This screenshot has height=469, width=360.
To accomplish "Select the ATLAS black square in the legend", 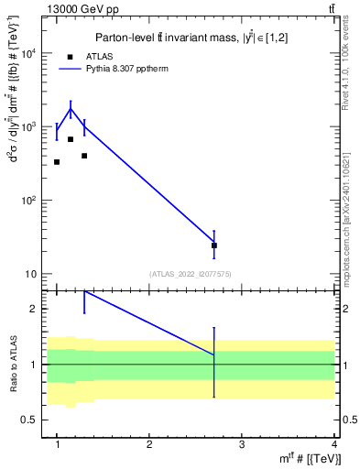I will click(x=71, y=56).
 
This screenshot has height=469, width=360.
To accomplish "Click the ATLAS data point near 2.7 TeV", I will click(x=214, y=245).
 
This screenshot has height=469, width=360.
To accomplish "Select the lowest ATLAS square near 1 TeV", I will click(x=57, y=162).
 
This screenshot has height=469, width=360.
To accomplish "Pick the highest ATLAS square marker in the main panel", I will click(x=71, y=139).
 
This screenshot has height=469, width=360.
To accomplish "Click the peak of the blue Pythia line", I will click(x=71, y=109).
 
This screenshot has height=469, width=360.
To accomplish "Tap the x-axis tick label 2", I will click(x=149, y=443).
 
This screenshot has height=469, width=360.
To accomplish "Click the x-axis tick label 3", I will click(x=242, y=443).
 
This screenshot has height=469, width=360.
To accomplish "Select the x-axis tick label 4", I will click(x=334, y=443).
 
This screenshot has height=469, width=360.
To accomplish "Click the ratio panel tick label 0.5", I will click(x=30, y=420).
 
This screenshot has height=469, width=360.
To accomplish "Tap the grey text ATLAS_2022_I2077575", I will click(x=190, y=274).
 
